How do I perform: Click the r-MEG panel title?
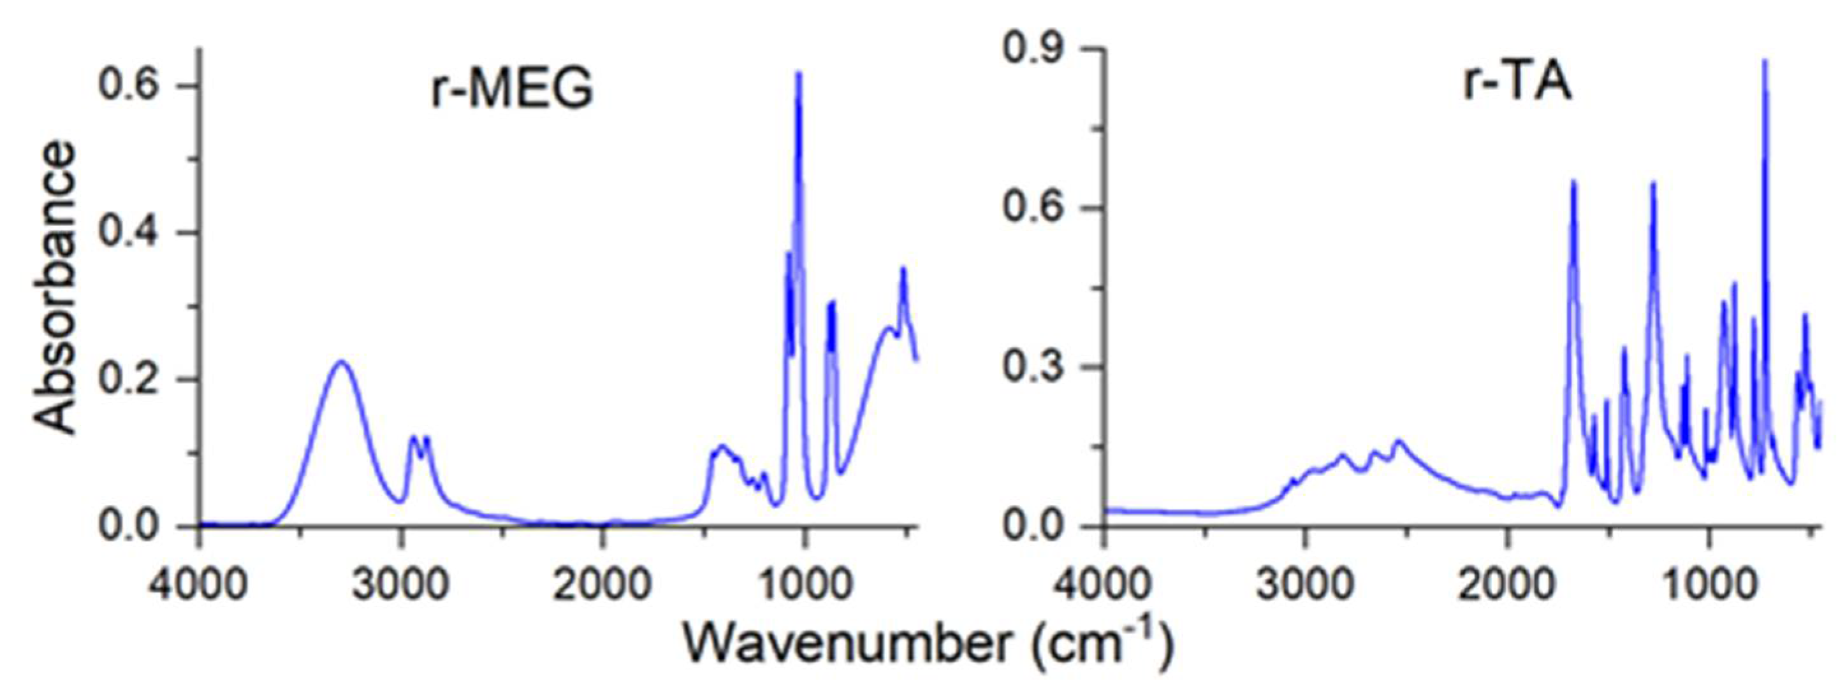coord(512,91)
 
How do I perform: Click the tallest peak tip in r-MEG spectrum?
coord(799,73)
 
